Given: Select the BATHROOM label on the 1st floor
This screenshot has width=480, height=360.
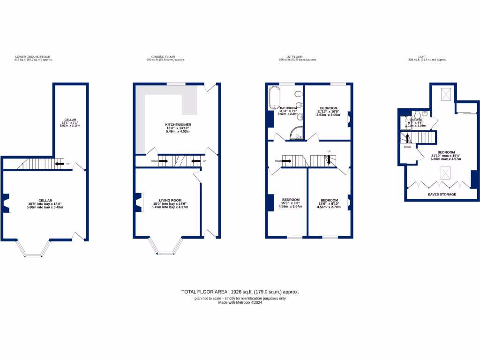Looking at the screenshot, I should click(x=288, y=107).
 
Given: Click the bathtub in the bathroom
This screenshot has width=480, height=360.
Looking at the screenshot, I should click(x=273, y=97).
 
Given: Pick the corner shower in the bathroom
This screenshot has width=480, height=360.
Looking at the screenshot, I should click(x=296, y=135).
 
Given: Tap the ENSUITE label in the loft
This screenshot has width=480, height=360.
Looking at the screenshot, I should click(x=415, y=120).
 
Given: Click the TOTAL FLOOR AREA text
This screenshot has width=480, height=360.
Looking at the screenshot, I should click(x=240, y=292).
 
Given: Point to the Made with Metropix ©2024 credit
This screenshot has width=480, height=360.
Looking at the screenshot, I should click(x=240, y=302).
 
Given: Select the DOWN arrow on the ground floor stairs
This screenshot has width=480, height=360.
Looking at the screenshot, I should click(x=163, y=161).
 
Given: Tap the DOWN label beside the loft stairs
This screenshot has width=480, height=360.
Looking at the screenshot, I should click(x=407, y=147).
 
